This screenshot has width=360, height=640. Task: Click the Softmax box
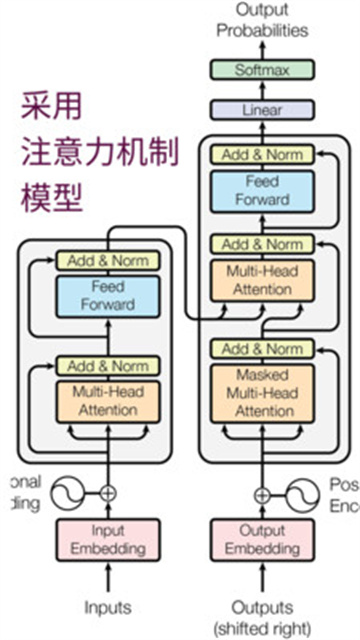click(262, 70)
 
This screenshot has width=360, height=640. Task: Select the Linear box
click(262, 111)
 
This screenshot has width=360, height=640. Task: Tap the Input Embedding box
click(107, 540)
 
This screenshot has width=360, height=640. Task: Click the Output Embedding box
click(262, 540)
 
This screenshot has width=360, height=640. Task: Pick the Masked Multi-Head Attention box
click(262, 392)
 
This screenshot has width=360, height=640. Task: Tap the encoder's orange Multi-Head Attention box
click(107, 400)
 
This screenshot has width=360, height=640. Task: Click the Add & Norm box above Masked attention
click(262, 349)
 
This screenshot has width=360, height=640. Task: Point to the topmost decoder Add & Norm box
click(262, 155)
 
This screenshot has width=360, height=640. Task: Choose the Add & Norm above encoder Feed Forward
click(107, 260)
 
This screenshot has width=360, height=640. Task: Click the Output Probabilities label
click(262, 20)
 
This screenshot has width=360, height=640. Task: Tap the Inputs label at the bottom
click(107, 607)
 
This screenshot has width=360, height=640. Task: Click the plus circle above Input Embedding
click(107, 492)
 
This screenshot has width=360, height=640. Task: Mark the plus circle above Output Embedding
click(262, 493)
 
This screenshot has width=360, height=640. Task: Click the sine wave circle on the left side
click(66, 492)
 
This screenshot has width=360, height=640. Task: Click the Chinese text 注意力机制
click(100, 152)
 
